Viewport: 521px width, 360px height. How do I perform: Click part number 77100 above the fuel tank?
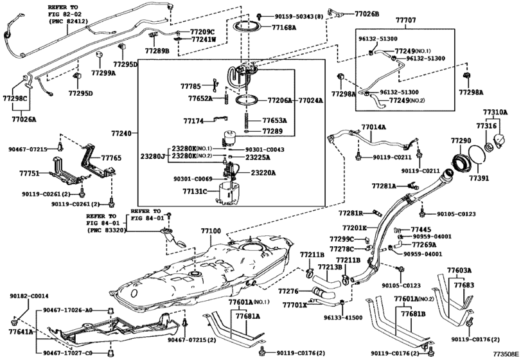tap(211, 231)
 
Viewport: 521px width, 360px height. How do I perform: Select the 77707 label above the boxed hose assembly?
tap(405, 21)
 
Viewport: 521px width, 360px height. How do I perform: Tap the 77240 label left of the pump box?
tap(121, 134)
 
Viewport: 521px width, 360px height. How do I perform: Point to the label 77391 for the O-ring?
tap(479, 178)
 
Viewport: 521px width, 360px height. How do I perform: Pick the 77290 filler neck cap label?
tap(461, 141)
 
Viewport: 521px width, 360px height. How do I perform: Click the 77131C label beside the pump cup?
tap(195, 192)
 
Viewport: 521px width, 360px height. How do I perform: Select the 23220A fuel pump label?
tap(263, 173)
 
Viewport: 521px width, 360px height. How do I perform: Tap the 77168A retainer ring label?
tap(284, 27)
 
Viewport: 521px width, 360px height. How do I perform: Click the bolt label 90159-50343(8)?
tap(298, 16)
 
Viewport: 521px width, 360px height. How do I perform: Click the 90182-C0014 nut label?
tap(30, 296)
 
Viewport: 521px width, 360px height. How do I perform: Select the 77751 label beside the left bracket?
tap(30, 173)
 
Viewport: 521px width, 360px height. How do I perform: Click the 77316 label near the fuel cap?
tap(486, 126)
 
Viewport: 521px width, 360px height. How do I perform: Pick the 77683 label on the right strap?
tap(464, 285)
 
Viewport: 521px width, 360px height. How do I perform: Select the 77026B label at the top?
tap(367, 14)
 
